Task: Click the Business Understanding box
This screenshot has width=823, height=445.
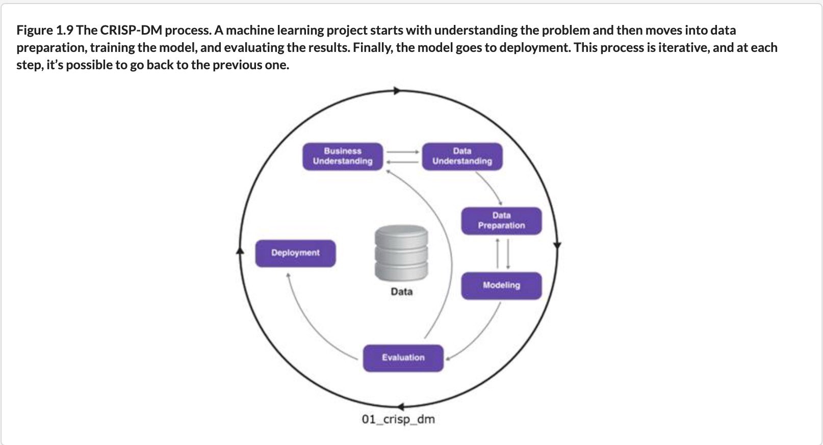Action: (343, 157)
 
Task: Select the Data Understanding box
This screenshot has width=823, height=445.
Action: (462, 157)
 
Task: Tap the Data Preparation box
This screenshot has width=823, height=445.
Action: (502, 221)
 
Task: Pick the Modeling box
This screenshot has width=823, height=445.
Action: (502, 286)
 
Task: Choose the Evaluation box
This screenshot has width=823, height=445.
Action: (403, 358)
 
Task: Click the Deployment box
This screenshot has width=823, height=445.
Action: (295, 254)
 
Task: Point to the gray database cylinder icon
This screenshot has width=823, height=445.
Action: (401, 253)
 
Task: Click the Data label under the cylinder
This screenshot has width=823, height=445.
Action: (402, 292)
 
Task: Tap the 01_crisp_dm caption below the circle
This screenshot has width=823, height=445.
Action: (398, 419)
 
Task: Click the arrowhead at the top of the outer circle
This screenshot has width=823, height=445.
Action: (397, 91)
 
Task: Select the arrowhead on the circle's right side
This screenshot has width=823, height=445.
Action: (557, 245)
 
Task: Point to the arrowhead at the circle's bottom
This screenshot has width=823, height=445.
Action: (400, 406)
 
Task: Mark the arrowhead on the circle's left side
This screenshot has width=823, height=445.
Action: (240, 251)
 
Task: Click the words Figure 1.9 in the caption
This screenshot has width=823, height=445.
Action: (45, 30)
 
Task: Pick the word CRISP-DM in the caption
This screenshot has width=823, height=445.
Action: (131, 30)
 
